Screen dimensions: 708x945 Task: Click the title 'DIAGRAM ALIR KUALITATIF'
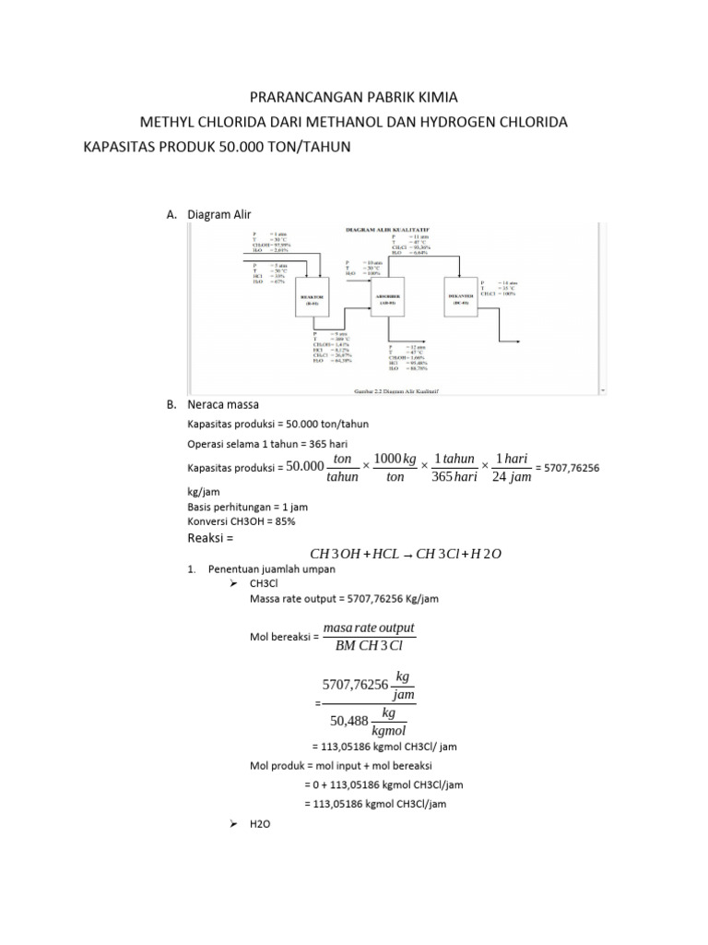[391, 227]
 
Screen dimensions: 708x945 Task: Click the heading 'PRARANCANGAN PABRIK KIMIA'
[354, 96]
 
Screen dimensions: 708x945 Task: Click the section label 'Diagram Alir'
[218, 214]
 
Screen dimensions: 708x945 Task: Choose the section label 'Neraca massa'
[224, 404]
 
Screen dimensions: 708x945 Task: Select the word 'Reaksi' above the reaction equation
[207, 539]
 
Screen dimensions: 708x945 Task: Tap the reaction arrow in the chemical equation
[408, 555]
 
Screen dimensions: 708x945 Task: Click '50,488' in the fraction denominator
[345, 722]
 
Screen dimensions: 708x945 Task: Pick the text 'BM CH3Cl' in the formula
[369, 645]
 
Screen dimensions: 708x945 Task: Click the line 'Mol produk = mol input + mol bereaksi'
[340, 765]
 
